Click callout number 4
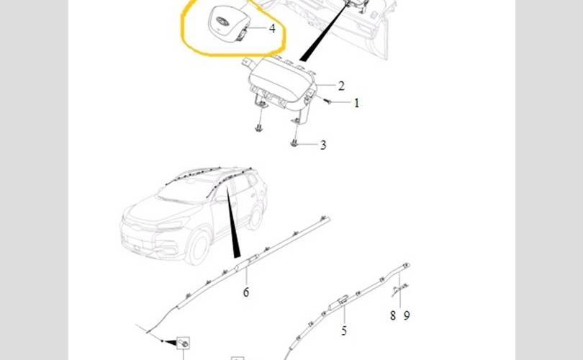point(272,28)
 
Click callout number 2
point(341,86)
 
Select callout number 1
point(356,103)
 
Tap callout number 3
point(323,145)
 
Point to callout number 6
point(246,292)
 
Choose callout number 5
point(344,330)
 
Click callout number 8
point(393,316)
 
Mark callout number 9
point(407,316)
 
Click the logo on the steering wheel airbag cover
point(222,21)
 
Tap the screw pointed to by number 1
point(327,100)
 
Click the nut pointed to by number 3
point(294,143)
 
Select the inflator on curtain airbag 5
point(339,302)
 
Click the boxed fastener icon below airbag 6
point(184,343)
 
